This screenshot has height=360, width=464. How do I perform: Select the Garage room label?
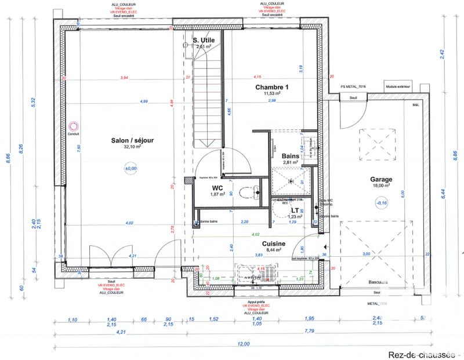click(x=381, y=180)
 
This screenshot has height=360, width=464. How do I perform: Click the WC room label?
click(x=217, y=188)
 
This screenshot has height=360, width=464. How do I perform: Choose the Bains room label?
click(x=290, y=157)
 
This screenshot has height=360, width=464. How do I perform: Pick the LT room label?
click(x=295, y=211)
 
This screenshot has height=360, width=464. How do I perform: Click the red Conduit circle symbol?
click(x=72, y=125)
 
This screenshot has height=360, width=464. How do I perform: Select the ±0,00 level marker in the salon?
click(x=130, y=169)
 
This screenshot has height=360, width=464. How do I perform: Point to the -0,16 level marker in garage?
click(x=381, y=203)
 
